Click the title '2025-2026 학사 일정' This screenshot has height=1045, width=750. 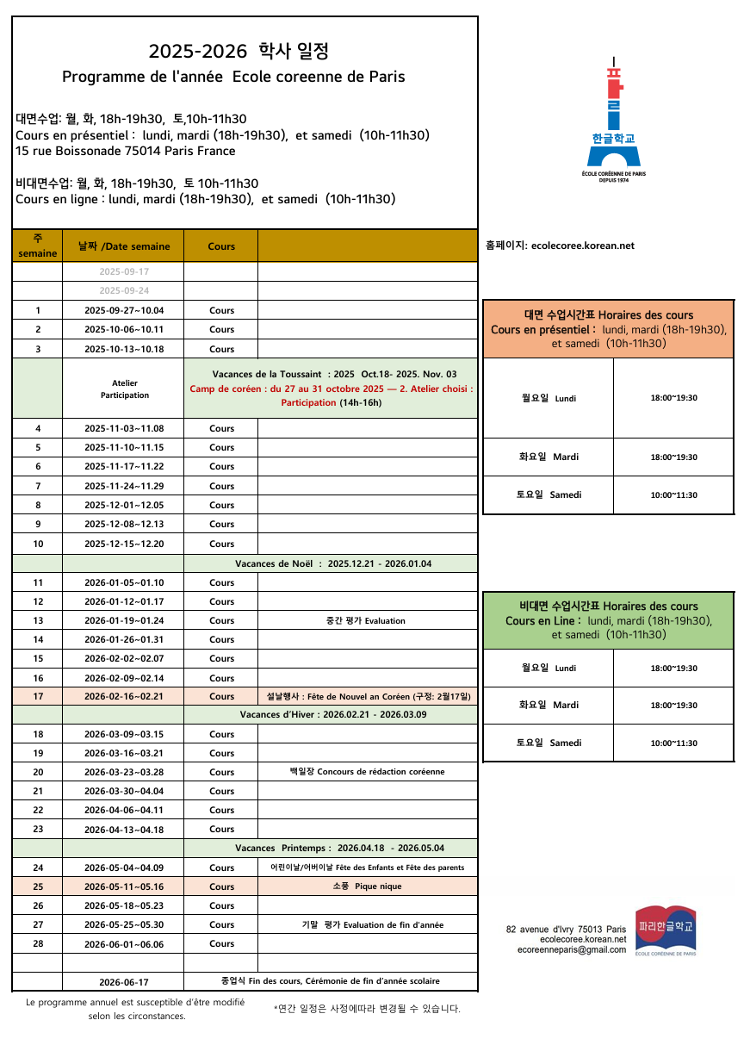239,52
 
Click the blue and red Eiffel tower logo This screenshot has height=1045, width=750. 613,116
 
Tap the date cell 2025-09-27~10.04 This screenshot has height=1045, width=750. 123,311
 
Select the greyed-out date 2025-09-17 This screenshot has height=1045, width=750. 123,272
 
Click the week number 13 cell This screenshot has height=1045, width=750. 38,620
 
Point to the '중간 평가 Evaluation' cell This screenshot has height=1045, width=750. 366,620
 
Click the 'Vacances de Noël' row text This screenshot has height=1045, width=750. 333,564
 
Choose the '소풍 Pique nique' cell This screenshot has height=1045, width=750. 366,886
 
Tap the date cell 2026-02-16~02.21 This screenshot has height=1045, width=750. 123,696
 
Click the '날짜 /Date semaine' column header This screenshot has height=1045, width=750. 123,246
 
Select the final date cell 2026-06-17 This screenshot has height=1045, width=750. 123,982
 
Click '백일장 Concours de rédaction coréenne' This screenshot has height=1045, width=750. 367,772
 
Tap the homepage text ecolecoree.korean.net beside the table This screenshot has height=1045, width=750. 560,246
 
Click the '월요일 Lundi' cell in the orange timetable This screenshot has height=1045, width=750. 549,398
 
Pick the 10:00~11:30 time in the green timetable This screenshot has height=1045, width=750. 673,743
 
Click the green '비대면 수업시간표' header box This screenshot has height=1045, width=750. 608,620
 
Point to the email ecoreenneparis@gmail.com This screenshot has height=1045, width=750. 572,949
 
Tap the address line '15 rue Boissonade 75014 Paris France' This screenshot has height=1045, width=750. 126,151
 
